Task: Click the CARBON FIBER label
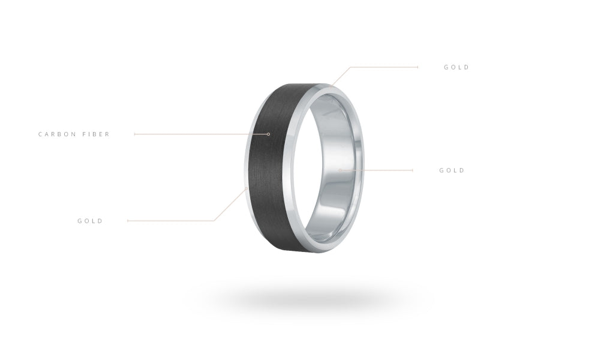pos(74,134)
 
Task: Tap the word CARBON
pos(58,134)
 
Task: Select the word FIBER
pos(96,134)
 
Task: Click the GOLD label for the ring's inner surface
pos(452,170)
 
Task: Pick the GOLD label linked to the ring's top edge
pos(456,67)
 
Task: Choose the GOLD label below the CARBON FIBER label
pos(90,221)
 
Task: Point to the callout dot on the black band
pos(269,134)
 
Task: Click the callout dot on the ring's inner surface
pos(340,170)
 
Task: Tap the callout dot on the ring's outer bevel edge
pos(247,189)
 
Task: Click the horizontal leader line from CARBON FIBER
pos(201,134)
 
